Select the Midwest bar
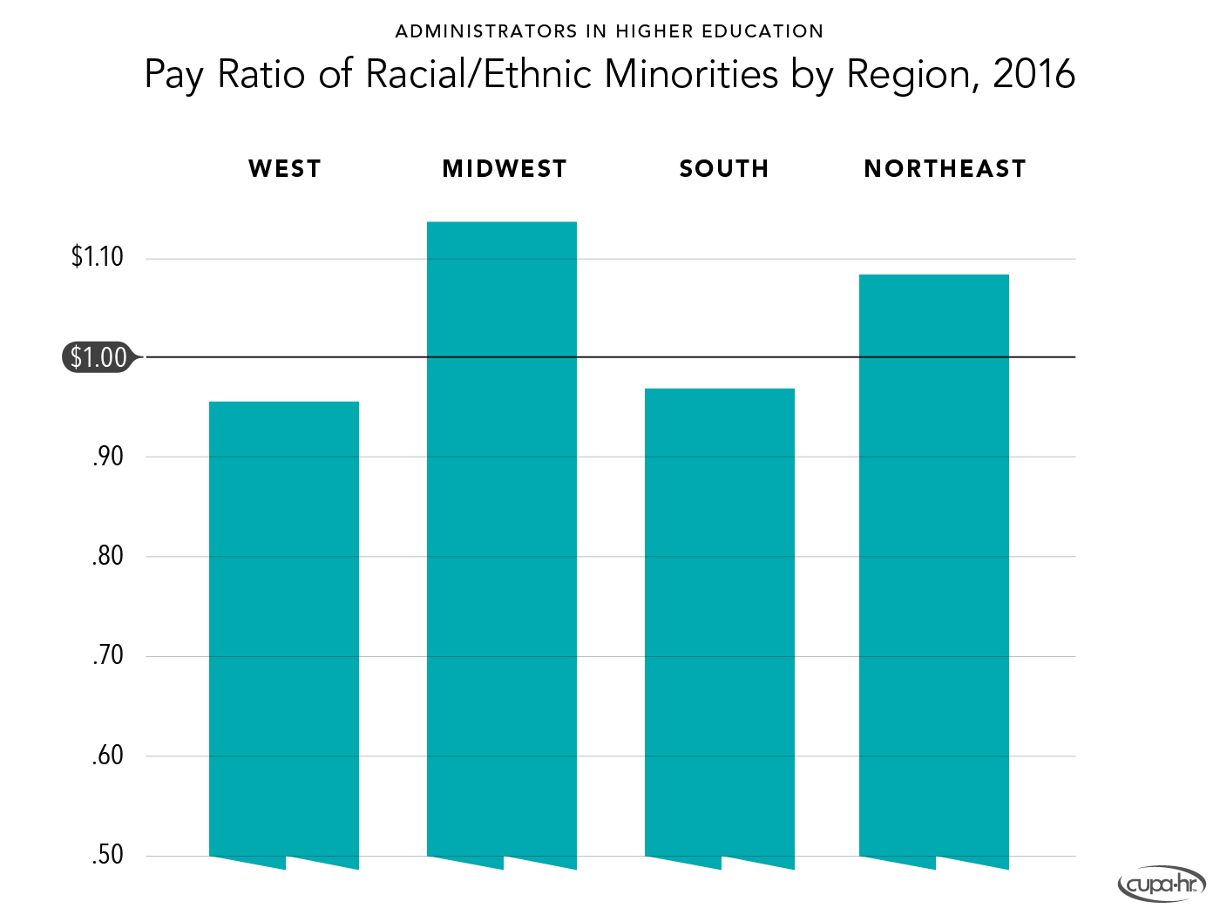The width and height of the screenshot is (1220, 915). click(x=502, y=540)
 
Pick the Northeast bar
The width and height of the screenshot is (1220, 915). click(x=934, y=566)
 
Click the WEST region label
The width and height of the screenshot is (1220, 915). click(x=285, y=169)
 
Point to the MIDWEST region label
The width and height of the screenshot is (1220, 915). click(x=505, y=169)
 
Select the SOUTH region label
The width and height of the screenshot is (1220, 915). click(x=724, y=169)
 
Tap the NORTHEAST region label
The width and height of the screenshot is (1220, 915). click(x=945, y=169)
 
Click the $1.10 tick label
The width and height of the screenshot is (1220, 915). click(x=98, y=257)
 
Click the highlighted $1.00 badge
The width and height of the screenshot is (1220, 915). click(x=98, y=357)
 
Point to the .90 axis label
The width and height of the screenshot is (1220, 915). click(x=108, y=457)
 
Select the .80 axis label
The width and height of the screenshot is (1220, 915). click(x=108, y=556)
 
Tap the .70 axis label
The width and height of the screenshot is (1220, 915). click(x=108, y=655)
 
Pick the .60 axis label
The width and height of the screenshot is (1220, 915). click(x=108, y=756)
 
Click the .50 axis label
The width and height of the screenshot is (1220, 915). click(x=108, y=855)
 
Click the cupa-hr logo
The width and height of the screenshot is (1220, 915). click(x=1161, y=885)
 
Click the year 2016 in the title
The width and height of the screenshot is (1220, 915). click(x=1034, y=74)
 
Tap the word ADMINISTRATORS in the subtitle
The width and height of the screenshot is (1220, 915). click(x=486, y=32)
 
